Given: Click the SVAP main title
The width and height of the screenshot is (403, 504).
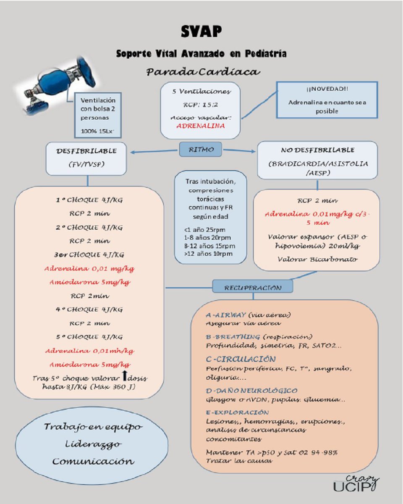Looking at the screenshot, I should tap(201, 32).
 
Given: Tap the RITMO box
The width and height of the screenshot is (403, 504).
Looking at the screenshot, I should tap(201, 150).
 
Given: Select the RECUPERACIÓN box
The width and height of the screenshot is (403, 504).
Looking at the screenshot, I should tap(252, 287).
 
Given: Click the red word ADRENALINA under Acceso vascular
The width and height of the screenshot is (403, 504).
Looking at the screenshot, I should tap(200, 126).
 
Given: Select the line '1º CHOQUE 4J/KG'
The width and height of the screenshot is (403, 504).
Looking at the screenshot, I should tap(89, 200).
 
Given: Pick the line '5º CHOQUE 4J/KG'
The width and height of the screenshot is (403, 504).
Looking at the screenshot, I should tap(89, 337).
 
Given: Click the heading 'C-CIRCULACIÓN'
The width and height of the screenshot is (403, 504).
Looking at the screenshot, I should tap(241, 359).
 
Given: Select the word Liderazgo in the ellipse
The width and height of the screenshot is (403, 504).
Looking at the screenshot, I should tap(93, 444).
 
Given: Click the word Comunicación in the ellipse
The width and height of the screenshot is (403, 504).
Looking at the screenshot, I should tap(93, 461).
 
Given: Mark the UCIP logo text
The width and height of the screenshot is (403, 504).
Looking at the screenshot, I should tap(352, 486).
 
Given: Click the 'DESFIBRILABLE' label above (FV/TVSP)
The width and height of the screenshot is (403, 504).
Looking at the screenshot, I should tap(87, 150).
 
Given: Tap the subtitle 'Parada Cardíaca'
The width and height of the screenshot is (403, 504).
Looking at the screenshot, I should tap(203, 72).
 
